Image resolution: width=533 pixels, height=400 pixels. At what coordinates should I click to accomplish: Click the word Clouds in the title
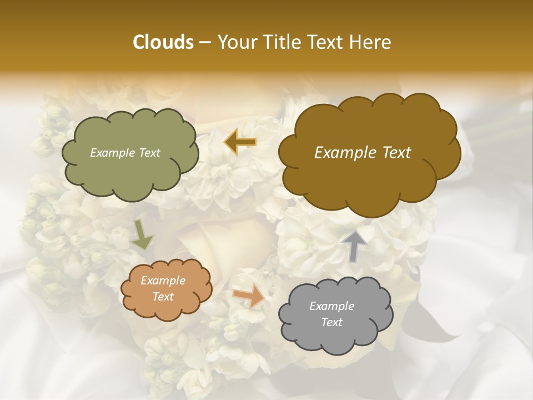click(x=163, y=42)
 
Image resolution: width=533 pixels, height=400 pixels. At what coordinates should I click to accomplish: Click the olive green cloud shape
click(x=129, y=167)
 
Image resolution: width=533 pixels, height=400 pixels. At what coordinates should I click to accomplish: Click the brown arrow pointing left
click(x=240, y=142)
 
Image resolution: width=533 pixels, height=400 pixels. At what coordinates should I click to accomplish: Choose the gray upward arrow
click(x=354, y=246)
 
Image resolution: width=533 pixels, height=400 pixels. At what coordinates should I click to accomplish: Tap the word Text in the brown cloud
click(x=394, y=153)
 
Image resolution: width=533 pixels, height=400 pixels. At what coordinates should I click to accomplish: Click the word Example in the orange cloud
click(x=163, y=281)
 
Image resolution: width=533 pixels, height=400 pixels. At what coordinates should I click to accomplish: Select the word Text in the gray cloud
click(x=332, y=322)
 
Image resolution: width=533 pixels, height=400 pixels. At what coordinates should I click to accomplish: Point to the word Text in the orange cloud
click(x=163, y=297)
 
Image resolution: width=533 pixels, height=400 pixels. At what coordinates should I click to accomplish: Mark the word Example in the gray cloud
click(x=332, y=306)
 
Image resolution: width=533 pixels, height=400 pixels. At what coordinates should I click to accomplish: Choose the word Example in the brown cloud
click(x=344, y=153)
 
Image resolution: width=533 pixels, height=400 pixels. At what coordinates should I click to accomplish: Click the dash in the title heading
click(x=205, y=43)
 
